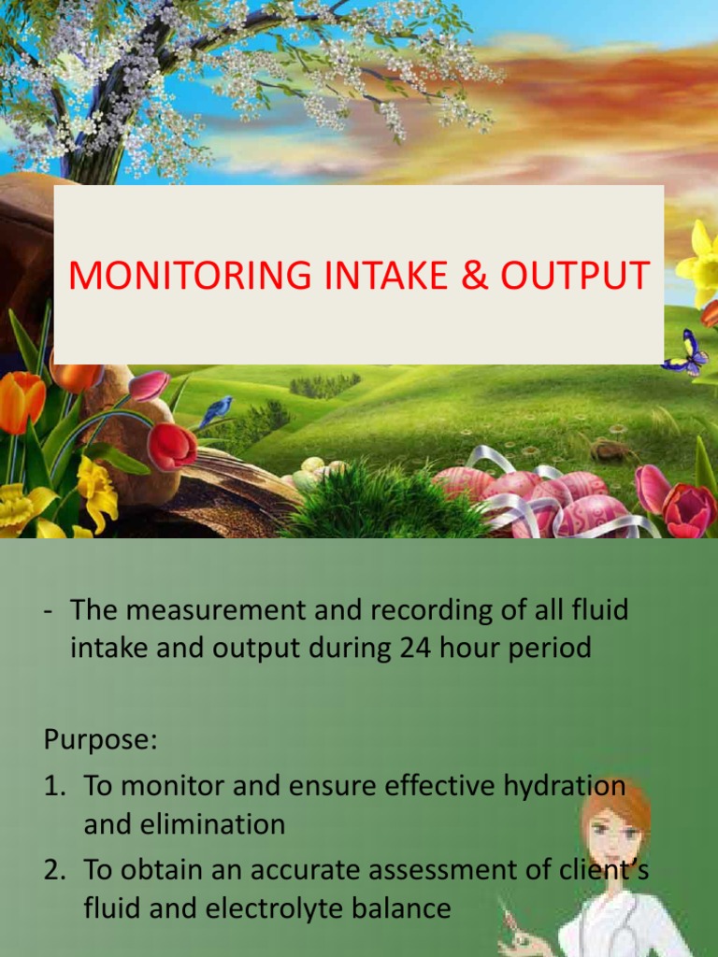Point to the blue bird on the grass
tap(217, 409)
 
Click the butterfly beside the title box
tap(686, 353)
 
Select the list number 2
tap(54, 870)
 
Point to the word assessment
tap(466, 870)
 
